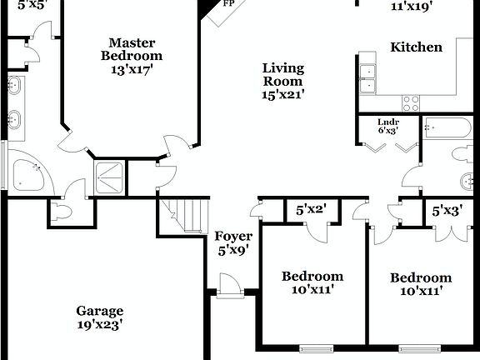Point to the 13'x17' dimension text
coord(132,70)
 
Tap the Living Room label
coord(283,75)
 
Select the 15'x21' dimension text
coord(283,95)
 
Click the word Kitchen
coord(417,47)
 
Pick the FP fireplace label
coord(227,3)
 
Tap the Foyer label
coord(233,236)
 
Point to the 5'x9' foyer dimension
coord(233,249)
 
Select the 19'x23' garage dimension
coord(100,325)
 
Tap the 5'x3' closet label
coord(447,212)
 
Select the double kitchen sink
coord(367,77)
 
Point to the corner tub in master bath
coord(30,174)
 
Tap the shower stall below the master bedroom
coord(110,177)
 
